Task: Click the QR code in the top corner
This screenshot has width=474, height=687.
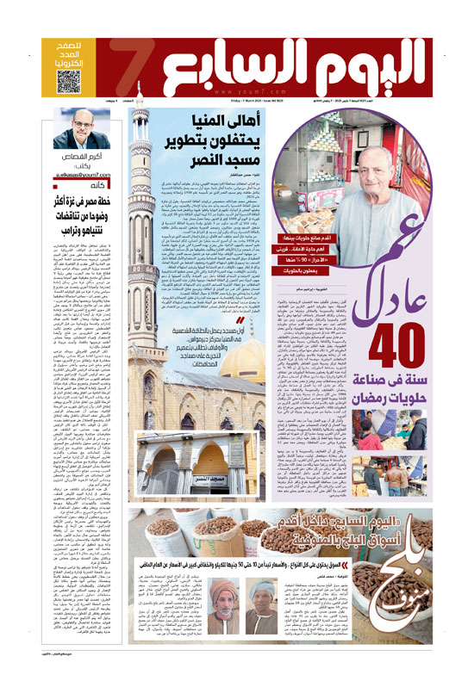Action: coord(72,82)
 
